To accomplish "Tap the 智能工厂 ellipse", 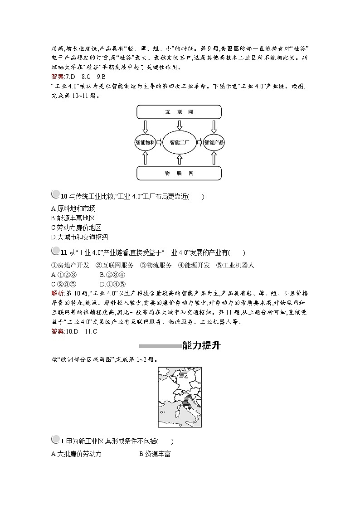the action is (x=179, y=142).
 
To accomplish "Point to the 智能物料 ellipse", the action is (x=145, y=142).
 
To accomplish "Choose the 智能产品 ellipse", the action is (x=214, y=142).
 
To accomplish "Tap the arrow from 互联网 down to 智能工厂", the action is (x=179, y=124).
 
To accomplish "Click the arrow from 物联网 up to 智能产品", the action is (x=214, y=158).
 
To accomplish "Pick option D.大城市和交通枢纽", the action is (x=80, y=237).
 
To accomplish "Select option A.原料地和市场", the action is (x=73, y=208).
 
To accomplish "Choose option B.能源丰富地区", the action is (x=73, y=218).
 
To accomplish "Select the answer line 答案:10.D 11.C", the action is (x=74, y=331).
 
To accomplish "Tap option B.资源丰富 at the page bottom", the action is (x=155, y=454).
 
